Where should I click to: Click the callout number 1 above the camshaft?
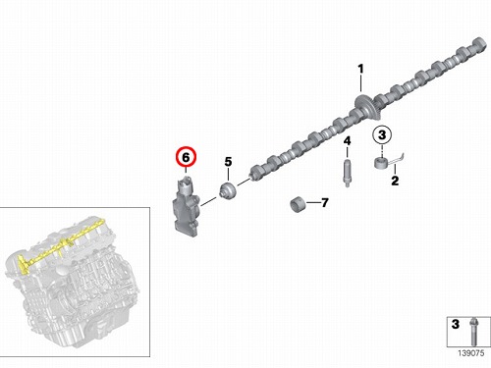(x=360, y=69)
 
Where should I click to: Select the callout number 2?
(x=395, y=181)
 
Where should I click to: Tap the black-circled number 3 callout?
(x=382, y=134)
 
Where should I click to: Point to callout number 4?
(x=347, y=141)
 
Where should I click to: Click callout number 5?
(x=228, y=162)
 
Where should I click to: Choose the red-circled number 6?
(x=186, y=157)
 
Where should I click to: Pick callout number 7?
(x=325, y=203)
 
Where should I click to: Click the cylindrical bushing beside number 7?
(x=298, y=204)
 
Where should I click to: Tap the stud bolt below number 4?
(x=347, y=172)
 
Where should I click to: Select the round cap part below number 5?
(x=228, y=191)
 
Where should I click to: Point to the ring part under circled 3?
(x=381, y=163)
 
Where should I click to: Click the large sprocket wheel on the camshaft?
(x=366, y=107)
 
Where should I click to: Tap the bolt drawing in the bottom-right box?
(x=473, y=332)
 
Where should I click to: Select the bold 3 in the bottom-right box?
(x=456, y=324)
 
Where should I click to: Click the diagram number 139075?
(x=470, y=353)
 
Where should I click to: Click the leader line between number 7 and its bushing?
(x=313, y=203)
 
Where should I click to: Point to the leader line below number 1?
(x=360, y=83)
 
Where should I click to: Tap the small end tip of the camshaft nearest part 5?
(x=252, y=174)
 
